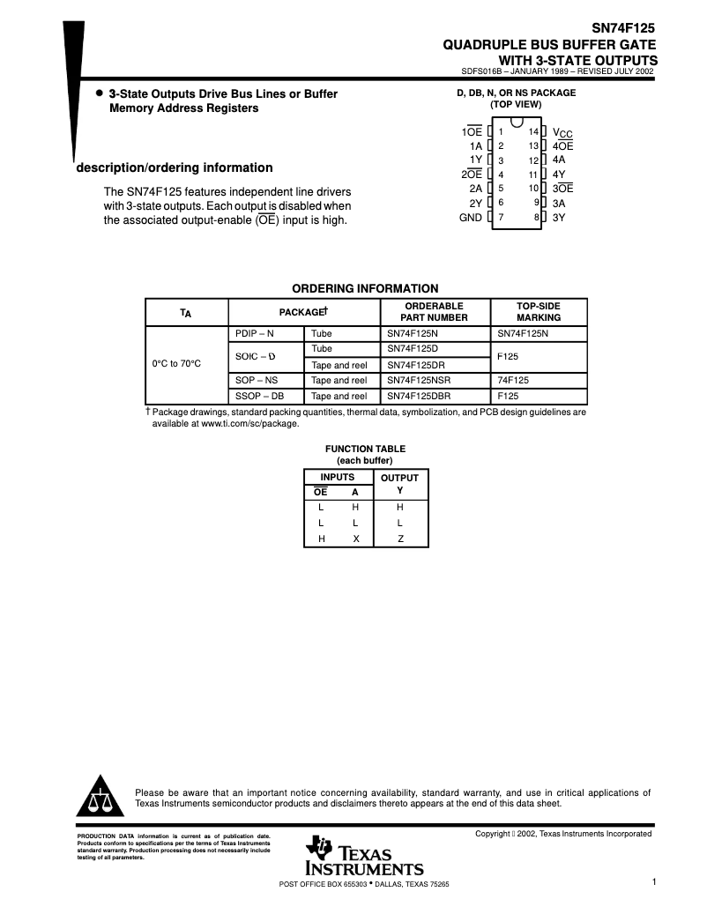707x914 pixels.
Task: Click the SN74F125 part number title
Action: (x=623, y=28)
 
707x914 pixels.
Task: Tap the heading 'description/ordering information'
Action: (x=175, y=167)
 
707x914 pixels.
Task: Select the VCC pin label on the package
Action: (x=562, y=132)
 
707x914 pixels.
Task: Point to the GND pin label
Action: (x=471, y=217)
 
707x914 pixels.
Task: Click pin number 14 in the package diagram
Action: (x=533, y=131)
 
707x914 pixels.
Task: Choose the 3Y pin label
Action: (x=559, y=217)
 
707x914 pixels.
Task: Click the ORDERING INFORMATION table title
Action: (x=365, y=288)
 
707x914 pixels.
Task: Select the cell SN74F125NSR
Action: (x=419, y=380)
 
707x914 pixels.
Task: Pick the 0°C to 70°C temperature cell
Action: (x=176, y=364)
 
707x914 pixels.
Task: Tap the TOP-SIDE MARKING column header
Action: (x=538, y=312)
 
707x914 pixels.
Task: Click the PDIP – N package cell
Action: (x=255, y=334)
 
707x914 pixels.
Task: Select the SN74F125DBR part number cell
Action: (x=419, y=396)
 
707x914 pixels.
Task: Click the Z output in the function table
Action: (x=400, y=539)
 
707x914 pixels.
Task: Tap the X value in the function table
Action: (x=355, y=539)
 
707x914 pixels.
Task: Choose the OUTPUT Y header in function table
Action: (x=399, y=484)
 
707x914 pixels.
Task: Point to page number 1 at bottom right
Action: (x=654, y=881)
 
